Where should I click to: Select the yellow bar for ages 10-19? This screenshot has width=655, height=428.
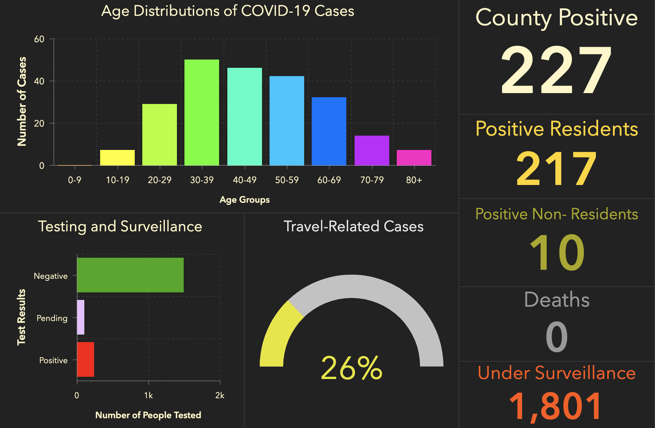click(117, 157)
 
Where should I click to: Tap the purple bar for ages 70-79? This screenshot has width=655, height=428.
click(372, 150)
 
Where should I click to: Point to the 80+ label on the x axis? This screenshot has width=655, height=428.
click(414, 180)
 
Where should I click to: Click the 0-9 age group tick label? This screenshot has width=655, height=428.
click(75, 180)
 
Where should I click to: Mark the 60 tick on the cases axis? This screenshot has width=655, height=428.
click(39, 39)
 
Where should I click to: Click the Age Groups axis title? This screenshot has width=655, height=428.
click(245, 200)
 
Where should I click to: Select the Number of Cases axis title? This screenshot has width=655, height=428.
click(22, 101)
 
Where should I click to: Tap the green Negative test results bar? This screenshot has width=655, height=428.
click(130, 275)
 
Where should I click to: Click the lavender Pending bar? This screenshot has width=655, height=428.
click(81, 317)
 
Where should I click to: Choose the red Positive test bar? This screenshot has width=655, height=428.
click(85, 359)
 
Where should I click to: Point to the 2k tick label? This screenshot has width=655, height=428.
click(220, 396)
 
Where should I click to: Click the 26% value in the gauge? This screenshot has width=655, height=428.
click(352, 368)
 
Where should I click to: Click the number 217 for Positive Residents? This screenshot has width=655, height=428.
click(556, 168)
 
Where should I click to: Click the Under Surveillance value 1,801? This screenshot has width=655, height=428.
click(556, 406)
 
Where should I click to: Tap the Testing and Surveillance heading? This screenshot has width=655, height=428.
click(120, 226)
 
